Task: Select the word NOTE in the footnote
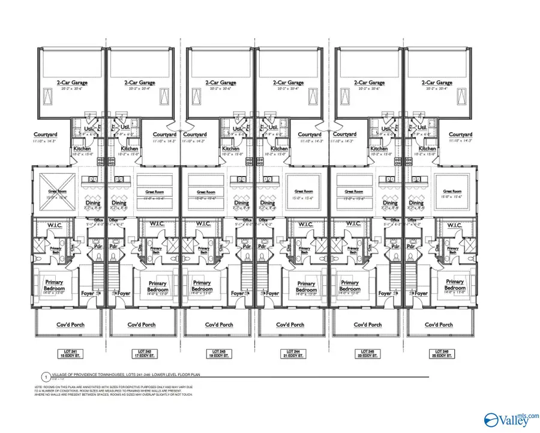(40, 387)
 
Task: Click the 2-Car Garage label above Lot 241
(65, 83)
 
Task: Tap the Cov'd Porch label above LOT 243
(219, 324)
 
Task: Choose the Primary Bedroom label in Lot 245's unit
(350, 285)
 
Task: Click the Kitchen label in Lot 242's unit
(130, 148)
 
